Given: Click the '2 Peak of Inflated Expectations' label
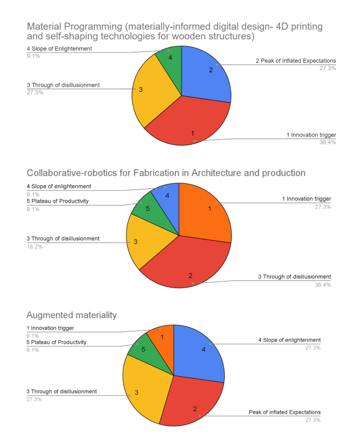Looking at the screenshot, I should [x=296, y=61].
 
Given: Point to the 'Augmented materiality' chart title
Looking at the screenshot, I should [x=72, y=315].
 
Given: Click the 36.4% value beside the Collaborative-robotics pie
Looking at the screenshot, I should [x=323, y=285].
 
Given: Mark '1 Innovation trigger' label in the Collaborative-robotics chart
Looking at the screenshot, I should [x=306, y=199].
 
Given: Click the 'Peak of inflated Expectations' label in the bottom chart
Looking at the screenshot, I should [x=285, y=412].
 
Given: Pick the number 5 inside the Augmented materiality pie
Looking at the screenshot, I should [x=143, y=349].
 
